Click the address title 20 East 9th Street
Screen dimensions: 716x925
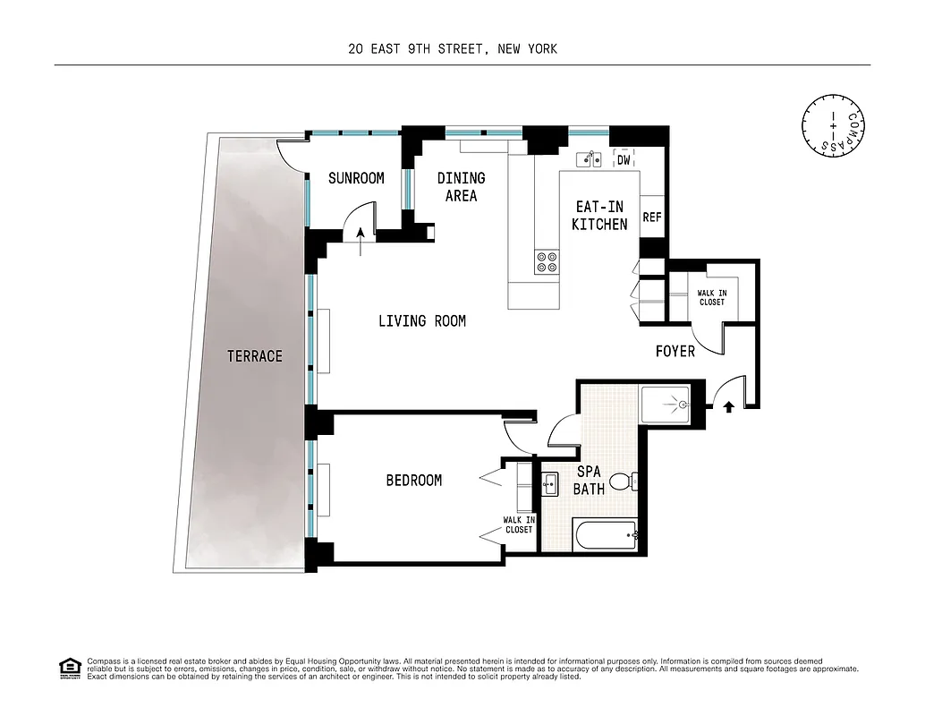pyautogui.click(x=453, y=48)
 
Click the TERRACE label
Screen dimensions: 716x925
pyautogui.click(x=254, y=356)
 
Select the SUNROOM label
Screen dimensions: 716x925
pyautogui.click(x=356, y=178)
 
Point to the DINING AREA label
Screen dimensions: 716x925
pyautogui.click(x=461, y=187)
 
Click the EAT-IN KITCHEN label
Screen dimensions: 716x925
pyautogui.click(x=599, y=216)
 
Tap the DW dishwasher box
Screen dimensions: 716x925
pyautogui.click(x=624, y=160)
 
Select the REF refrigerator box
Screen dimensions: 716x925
pyautogui.click(x=652, y=217)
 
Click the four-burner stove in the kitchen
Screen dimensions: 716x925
pyautogui.click(x=547, y=261)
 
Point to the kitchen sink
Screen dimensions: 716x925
pyautogui.click(x=587, y=159)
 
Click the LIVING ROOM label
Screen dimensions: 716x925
pyautogui.click(x=421, y=320)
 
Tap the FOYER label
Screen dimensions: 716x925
pyautogui.click(x=675, y=352)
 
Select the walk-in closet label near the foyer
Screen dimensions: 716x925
pyautogui.click(x=712, y=297)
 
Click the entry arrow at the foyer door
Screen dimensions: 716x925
pyautogui.click(x=728, y=406)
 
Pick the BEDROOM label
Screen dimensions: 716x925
pyautogui.click(x=413, y=481)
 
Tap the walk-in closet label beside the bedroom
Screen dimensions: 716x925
pyautogui.click(x=518, y=524)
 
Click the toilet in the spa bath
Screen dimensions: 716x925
pyautogui.click(x=633, y=482)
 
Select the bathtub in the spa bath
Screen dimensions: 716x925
pyautogui.click(x=606, y=537)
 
